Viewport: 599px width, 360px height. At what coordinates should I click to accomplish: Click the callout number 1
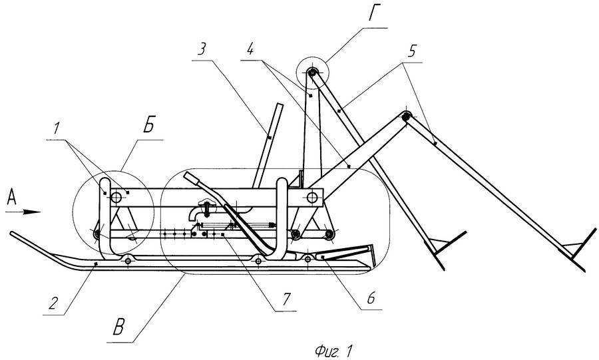click(x=57, y=129)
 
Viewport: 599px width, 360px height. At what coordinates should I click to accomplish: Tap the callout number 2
click(x=53, y=303)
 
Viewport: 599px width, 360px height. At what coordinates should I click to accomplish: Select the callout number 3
click(x=202, y=49)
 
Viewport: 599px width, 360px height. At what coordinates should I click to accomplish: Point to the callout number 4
click(x=250, y=49)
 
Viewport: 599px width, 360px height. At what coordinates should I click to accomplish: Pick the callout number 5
click(x=411, y=51)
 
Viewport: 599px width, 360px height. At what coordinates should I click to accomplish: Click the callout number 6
click(x=371, y=298)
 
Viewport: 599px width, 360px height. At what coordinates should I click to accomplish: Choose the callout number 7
click(x=287, y=299)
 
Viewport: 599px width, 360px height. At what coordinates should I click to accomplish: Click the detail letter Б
click(x=148, y=126)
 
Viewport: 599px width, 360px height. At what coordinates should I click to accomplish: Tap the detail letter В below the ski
click(x=118, y=328)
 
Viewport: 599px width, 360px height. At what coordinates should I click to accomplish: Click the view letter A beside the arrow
click(x=12, y=198)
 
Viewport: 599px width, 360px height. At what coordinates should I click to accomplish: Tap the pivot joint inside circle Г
click(x=313, y=72)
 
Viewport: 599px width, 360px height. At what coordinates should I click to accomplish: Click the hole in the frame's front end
click(x=116, y=198)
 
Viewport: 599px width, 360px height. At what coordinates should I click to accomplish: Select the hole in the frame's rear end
click(x=312, y=198)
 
